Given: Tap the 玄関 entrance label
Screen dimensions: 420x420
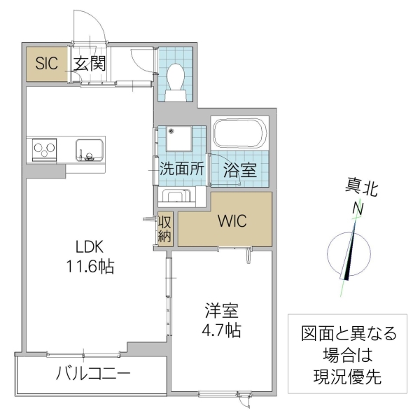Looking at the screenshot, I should (x=89, y=64).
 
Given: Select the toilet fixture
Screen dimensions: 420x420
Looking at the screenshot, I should (x=175, y=77).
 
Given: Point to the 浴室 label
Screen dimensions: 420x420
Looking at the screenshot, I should (x=239, y=169).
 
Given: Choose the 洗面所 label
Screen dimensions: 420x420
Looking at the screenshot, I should (x=181, y=168).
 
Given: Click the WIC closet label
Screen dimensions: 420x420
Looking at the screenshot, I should (x=231, y=221).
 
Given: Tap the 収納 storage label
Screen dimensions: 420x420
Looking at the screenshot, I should (x=164, y=229).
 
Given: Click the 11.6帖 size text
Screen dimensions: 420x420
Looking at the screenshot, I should (x=90, y=267).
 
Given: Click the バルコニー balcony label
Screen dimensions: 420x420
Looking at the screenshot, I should (x=93, y=374).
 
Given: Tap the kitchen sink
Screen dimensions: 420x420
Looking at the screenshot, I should (x=90, y=150).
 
